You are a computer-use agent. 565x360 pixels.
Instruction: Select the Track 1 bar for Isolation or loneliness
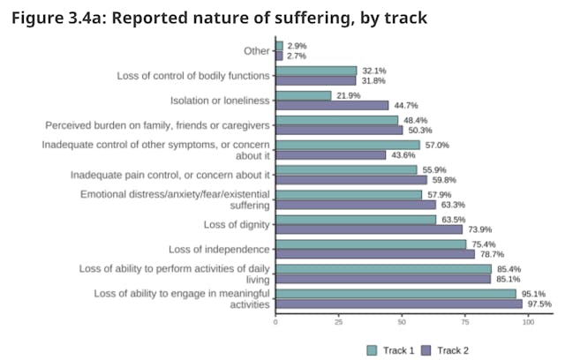pyautogui.click(x=303, y=95)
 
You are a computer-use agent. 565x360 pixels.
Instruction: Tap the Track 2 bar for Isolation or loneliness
pyautogui.click(x=332, y=106)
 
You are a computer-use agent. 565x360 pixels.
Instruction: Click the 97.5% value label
pyautogui.click(x=540, y=304)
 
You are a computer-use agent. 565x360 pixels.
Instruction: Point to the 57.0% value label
pyautogui.click(x=439, y=145)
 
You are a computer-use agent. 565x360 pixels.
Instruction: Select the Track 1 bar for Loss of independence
pyautogui.click(x=371, y=244)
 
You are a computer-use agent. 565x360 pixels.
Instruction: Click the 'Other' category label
pyautogui.click(x=257, y=50)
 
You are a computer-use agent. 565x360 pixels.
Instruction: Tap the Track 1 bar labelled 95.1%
pyautogui.click(x=395, y=293)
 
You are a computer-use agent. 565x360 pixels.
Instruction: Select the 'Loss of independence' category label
pyautogui.click(x=217, y=249)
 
